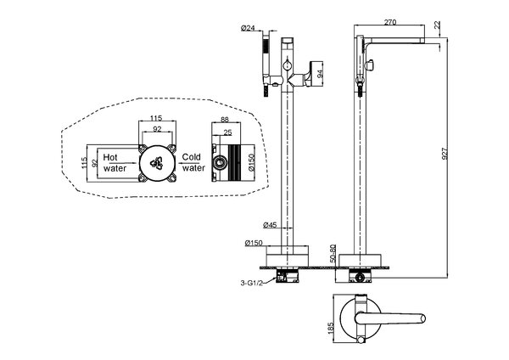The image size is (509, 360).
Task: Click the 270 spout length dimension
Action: (x=390, y=22)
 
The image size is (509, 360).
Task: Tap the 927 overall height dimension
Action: (x=445, y=154)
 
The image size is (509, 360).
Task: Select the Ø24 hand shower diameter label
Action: (x=248, y=28)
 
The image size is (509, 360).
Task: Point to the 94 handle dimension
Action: (x=320, y=74)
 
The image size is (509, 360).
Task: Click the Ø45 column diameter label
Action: (x=270, y=224)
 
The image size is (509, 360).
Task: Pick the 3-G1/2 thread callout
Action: (x=251, y=283)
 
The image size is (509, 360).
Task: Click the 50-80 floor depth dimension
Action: (x=333, y=253)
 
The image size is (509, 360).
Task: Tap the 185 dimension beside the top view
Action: (x=331, y=329)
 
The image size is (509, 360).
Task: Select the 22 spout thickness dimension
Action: (x=438, y=25)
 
